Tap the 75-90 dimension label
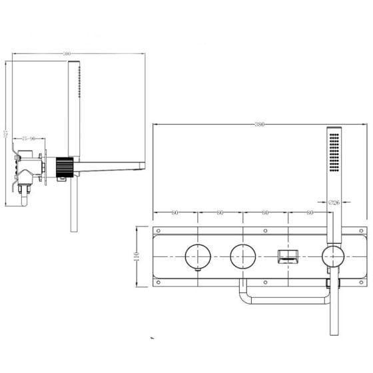pos(28,139)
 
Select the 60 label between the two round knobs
pos(220,212)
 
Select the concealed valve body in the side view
pos(29,167)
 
